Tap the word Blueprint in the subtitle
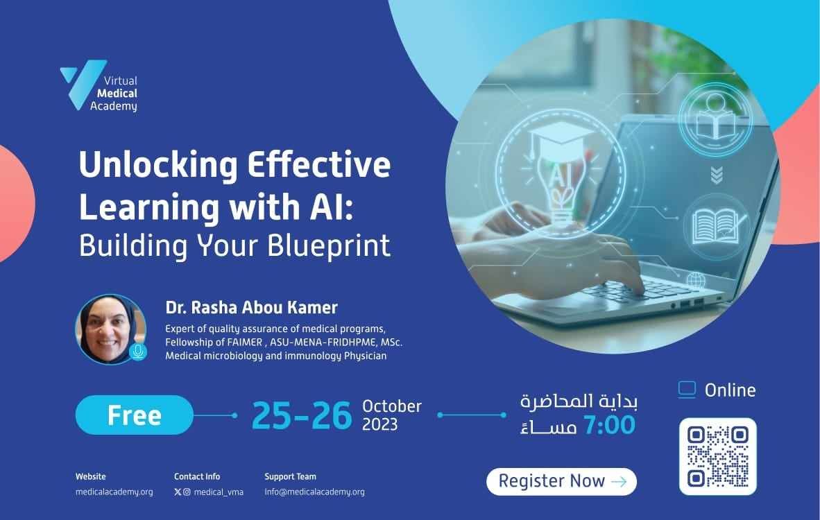pyautogui.click(x=329, y=245)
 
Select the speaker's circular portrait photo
pyautogui.click(x=110, y=329)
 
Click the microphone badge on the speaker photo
pyautogui.click(x=138, y=352)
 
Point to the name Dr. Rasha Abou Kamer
pyautogui.click(x=252, y=307)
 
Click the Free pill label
pyautogui.click(x=135, y=415)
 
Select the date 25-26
pyautogui.click(x=302, y=416)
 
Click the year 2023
pyautogui.click(x=380, y=424)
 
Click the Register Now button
pyautogui.click(x=562, y=481)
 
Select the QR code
pyautogui.click(x=718, y=456)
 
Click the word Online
pyautogui.click(x=730, y=390)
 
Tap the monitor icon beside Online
pyautogui.click(x=687, y=390)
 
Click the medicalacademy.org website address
pyautogui.click(x=114, y=492)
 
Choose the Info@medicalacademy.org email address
pyautogui.click(x=314, y=492)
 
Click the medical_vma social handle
pyautogui.click(x=219, y=492)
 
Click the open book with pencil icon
pyautogui.click(x=717, y=227)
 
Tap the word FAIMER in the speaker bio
pyautogui.click(x=245, y=343)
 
